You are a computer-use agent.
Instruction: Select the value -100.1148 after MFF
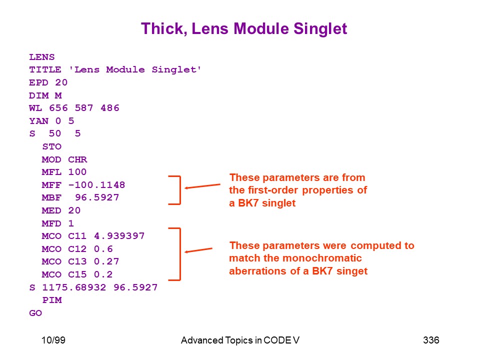[96, 185]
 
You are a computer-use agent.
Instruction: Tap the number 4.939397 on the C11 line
[119, 236]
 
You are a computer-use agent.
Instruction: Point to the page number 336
[431, 340]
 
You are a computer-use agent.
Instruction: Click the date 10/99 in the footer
[53, 340]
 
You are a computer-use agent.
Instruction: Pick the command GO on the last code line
[35, 313]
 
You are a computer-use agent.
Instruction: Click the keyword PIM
[52, 300]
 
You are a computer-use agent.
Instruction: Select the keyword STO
[52, 146]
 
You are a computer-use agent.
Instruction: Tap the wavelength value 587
[84, 108]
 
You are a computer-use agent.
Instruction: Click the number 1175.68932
[74, 287]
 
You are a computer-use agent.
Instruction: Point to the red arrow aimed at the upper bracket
[202, 186]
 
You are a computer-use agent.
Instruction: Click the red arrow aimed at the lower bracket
[198, 250]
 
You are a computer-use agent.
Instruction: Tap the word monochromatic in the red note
[322, 258]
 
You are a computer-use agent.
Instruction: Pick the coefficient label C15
[77, 274]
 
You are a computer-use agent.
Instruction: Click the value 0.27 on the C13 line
[106, 261]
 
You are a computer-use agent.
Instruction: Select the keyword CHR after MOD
[77, 159]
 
